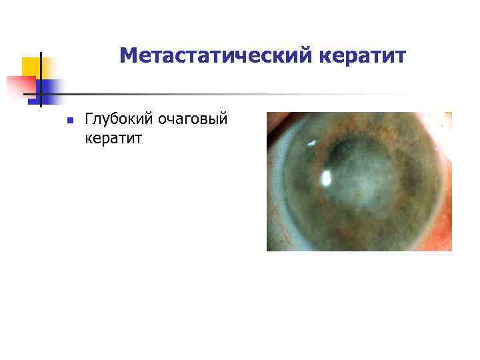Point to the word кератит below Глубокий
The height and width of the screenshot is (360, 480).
[x=113, y=138]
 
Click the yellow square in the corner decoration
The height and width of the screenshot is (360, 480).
[x=31, y=67]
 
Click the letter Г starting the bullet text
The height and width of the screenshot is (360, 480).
[x=89, y=119]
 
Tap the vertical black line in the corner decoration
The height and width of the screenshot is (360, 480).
[x=41, y=80]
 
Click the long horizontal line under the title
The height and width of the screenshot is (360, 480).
[x=233, y=94]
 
